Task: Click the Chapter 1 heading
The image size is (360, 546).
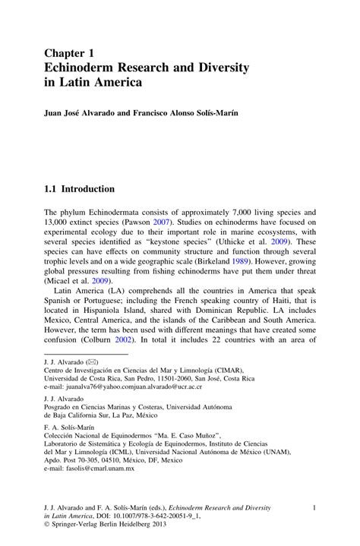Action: point(69,54)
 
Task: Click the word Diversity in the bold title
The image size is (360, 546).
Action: point(222,67)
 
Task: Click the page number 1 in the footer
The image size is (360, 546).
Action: point(314,506)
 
